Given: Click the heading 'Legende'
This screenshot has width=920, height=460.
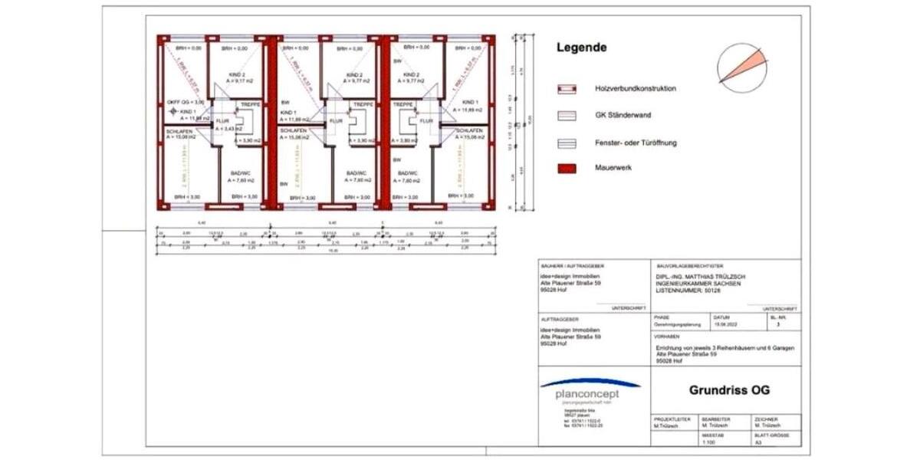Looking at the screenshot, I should [581, 48].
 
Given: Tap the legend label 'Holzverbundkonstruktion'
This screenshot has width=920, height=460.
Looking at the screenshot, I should [636, 89].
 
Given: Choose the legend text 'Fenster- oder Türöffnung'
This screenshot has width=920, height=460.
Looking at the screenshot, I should [636, 143].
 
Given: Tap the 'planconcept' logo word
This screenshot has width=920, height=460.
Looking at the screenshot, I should [588, 394].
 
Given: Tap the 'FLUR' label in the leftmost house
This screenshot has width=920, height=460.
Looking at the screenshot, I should [222, 121].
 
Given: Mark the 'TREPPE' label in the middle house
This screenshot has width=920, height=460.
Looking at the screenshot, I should [363, 103].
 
